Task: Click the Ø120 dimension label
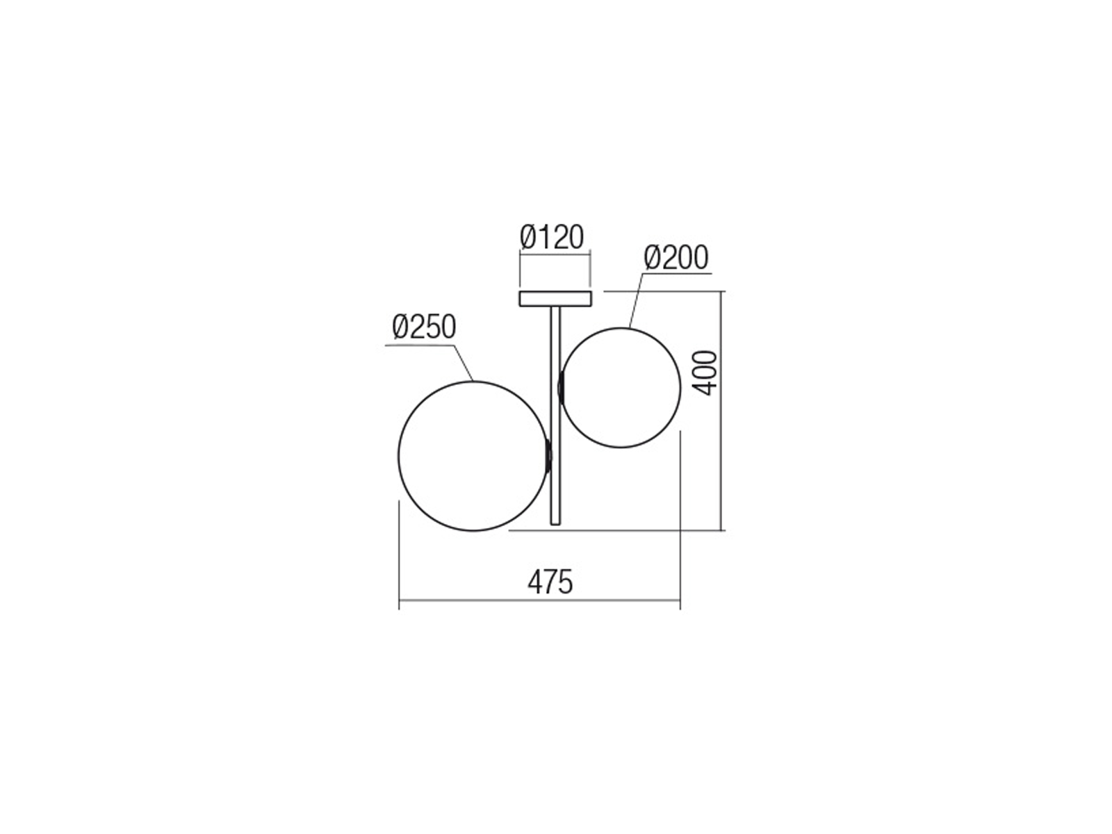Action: point(552,237)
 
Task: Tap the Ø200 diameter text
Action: point(676,258)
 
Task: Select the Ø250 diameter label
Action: point(424,327)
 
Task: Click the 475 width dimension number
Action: point(550,582)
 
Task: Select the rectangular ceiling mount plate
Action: point(555,299)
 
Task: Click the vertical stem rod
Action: point(555,416)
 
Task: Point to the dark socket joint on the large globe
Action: point(548,456)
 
